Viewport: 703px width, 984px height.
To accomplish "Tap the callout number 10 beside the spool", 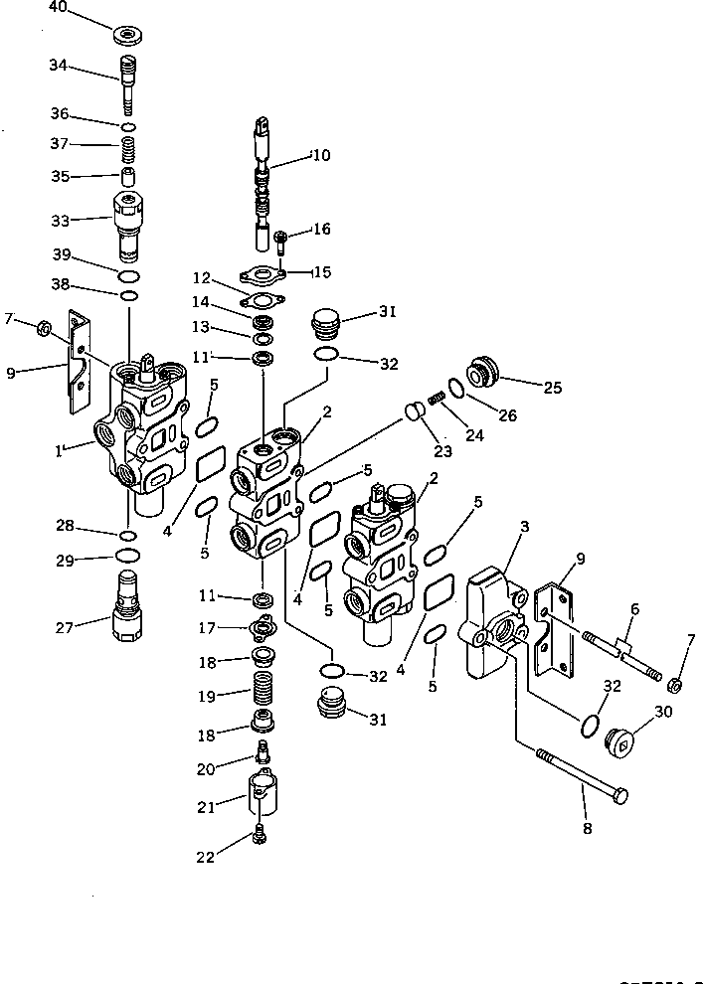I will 320,156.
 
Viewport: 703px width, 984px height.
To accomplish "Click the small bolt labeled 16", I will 282,240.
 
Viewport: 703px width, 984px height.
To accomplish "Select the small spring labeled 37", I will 128,152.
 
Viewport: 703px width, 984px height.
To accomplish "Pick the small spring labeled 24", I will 435,399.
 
